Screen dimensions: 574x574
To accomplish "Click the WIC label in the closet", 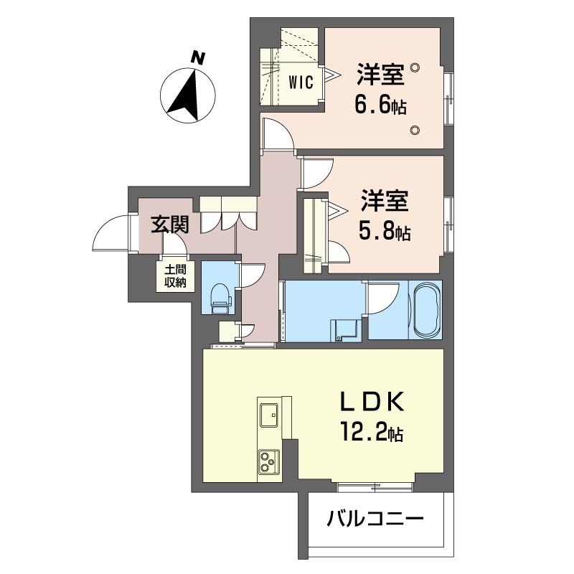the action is pyautogui.click(x=301, y=83).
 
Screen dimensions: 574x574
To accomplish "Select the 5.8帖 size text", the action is pyautogui.click(x=384, y=231).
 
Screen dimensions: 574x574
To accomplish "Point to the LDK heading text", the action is pyautogui.click(x=372, y=402).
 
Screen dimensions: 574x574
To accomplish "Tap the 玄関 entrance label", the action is pyautogui.click(x=170, y=224).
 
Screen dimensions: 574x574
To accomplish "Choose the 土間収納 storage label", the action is pyautogui.click(x=175, y=276).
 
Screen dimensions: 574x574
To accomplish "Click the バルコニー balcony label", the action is pyautogui.click(x=375, y=519).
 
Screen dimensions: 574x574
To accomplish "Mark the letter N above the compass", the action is pyautogui.click(x=198, y=58).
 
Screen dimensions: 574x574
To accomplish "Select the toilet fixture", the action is pyautogui.click(x=221, y=298).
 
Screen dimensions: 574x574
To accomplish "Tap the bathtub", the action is pyautogui.click(x=425, y=311).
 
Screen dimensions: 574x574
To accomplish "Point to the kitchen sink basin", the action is pyautogui.click(x=270, y=415).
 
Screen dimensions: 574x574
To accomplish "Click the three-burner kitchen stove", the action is pyautogui.click(x=268, y=461).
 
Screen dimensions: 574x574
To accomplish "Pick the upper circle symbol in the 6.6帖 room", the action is pyautogui.click(x=415, y=67).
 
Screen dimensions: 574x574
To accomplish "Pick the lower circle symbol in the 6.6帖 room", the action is pyautogui.click(x=415, y=130).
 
